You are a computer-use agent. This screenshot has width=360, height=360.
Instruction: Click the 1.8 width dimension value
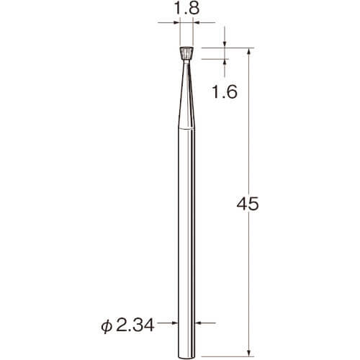[x=186, y=9]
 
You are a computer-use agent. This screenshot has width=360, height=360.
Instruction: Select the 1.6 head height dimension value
[x=225, y=91]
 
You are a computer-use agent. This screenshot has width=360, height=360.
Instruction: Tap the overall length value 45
[x=248, y=204]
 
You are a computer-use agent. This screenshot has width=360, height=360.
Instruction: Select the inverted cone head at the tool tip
[x=186, y=53]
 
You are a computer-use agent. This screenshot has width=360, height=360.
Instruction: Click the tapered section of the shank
[x=186, y=96]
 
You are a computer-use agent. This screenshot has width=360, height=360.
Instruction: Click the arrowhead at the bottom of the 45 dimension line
[x=249, y=353]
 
